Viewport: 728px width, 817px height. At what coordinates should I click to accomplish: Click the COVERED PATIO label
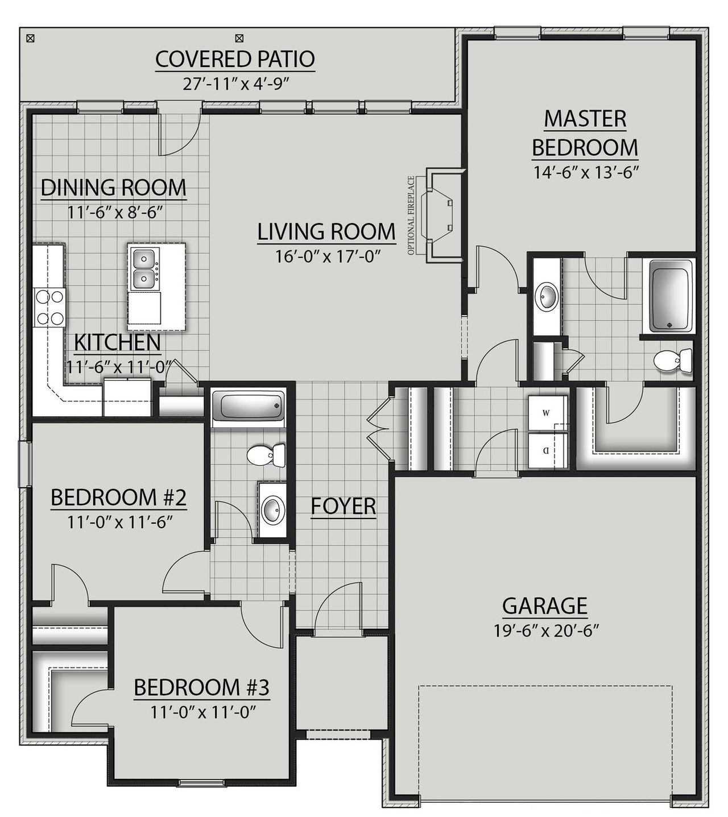235,59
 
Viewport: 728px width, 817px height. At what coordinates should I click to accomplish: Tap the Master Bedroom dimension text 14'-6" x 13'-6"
585,172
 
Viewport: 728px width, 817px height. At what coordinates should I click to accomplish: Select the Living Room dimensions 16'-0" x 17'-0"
327,256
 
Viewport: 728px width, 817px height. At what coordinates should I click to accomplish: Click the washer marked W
546,413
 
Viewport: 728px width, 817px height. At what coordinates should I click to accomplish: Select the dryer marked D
546,451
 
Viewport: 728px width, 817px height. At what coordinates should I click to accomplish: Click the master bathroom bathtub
671,296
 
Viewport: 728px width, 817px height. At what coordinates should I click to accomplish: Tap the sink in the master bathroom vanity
548,296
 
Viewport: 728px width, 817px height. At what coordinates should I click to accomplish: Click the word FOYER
344,506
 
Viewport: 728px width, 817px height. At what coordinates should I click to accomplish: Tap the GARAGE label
544,606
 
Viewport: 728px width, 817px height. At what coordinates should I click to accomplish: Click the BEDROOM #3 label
201,687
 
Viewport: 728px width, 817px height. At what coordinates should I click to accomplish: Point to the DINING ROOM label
113,187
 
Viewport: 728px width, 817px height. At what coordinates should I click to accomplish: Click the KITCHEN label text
117,343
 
